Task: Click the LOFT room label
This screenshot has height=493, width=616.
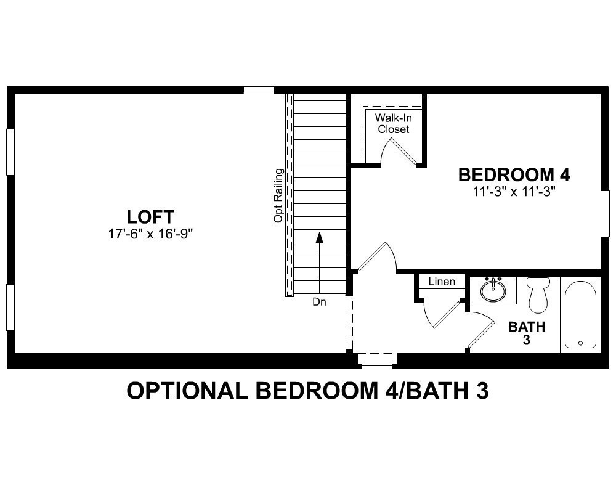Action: point(150,217)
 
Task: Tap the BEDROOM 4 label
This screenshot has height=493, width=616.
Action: point(514,175)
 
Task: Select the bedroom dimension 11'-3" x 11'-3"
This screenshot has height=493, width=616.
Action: point(514,191)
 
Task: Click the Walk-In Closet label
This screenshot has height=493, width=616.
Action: point(394,123)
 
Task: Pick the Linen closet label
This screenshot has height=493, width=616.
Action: point(442,282)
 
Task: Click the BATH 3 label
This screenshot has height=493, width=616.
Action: point(527,333)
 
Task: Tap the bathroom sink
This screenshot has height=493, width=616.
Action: point(493,290)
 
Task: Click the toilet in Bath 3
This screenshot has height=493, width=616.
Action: point(538,295)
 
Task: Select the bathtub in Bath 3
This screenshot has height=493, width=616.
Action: point(580,315)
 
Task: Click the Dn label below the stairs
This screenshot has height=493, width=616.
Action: point(319,302)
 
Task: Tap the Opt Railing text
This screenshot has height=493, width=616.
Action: point(278,195)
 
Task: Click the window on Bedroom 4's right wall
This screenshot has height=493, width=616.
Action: point(605,213)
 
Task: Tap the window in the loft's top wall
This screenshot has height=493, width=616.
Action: point(259,90)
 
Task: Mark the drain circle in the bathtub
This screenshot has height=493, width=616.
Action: point(580,343)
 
